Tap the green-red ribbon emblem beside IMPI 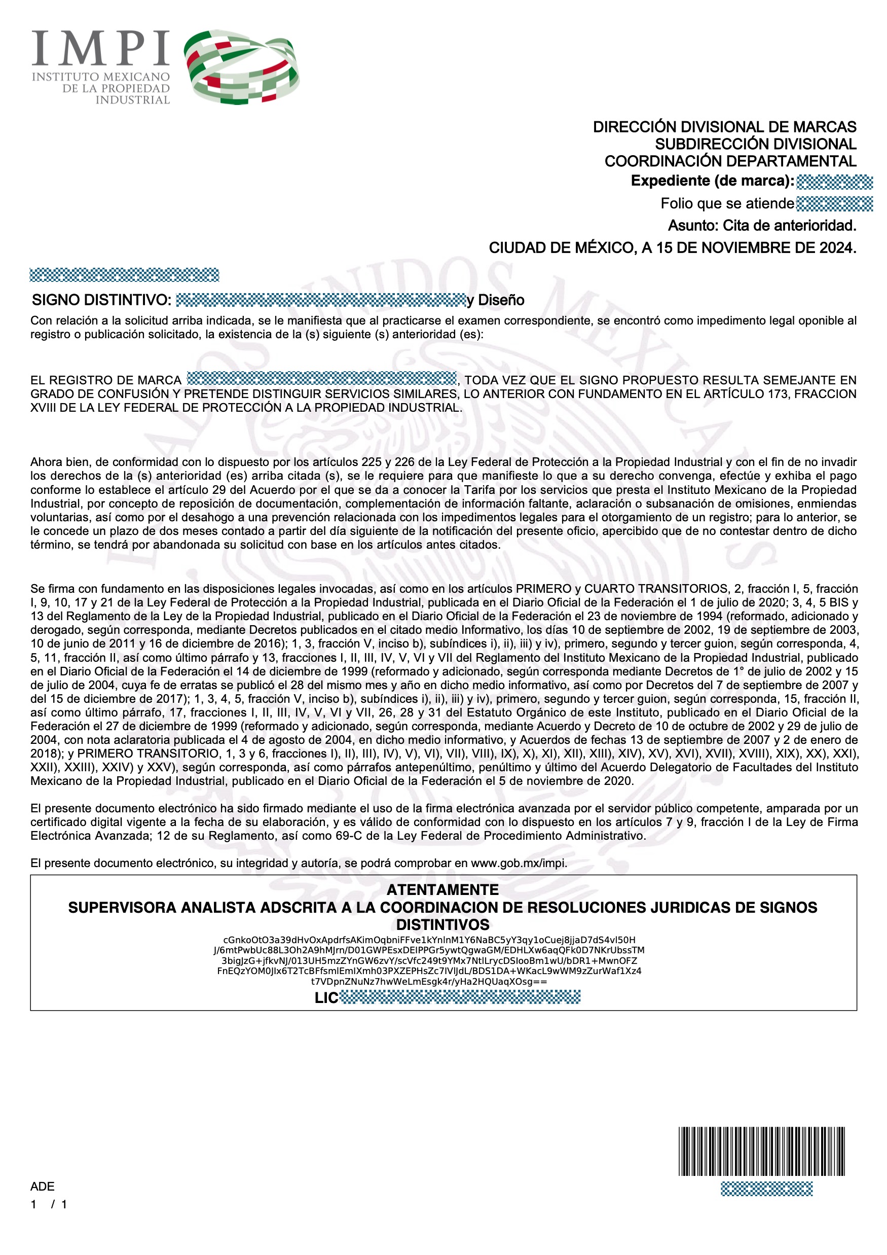coord(242,67)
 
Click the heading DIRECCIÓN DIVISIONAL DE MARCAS coord(724,127)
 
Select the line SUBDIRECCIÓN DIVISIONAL coord(755,145)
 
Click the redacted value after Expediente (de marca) coord(834,182)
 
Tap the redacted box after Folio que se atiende coord(834,204)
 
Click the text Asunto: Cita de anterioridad coord(761,225)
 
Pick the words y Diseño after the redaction coord(495,300)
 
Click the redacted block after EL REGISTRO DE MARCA coord(321,378)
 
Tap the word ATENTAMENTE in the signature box coord(442,890)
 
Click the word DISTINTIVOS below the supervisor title coord(442,925)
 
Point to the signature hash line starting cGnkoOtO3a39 coord(429,940)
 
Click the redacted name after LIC coord(460,997)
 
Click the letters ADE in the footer coord(43,1186)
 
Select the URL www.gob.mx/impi coord(519,863)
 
